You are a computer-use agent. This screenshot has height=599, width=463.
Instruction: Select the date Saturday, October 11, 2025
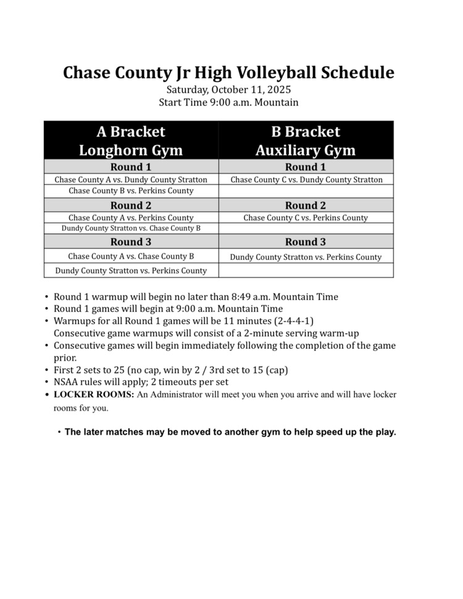tap(228, 90)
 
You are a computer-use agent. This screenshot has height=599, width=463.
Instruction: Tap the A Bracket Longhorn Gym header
tap(131, 141)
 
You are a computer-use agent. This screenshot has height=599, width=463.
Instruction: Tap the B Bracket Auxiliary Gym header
tap(306, 141)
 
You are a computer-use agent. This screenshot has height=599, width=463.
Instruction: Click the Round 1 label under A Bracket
tap(131, 167)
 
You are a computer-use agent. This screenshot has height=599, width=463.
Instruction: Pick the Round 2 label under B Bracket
tap(306, 205)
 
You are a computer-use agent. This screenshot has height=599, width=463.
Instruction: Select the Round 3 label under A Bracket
tap(131, 241)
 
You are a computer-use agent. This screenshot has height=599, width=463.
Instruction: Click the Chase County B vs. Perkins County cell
tap(131, 191)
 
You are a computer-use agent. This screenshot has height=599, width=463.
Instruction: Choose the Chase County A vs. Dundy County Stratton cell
tap(131, 180)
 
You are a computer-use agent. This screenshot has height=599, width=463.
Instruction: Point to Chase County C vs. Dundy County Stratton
tap(306, 180)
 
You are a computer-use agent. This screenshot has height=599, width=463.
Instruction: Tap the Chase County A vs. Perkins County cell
tap(131, 217)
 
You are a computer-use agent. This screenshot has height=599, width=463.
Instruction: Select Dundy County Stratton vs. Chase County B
tap(131, 228)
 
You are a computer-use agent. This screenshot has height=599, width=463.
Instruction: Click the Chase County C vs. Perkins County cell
tap(306, 217)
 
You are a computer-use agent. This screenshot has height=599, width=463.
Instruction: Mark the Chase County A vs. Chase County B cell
tap(131, 256)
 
